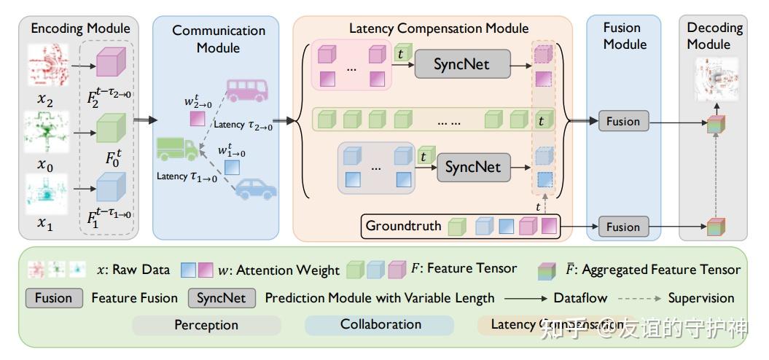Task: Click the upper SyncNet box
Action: click(461, 65)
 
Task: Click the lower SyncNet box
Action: click(474, 168)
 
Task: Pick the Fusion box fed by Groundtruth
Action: click(623, 227)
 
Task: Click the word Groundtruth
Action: click(403, 226)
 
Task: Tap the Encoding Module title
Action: click(80, 28)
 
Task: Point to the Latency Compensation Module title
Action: click(439, 28)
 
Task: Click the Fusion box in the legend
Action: click(53, 298)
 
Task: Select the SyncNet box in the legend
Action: click(222, 298)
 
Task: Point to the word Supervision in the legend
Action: click(701, 298)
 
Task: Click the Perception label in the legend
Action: click(206, 325)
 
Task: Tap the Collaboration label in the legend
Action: click(380, 324)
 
